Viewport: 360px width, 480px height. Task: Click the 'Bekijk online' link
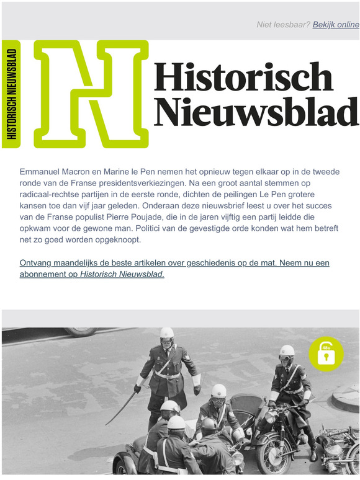point(336,25)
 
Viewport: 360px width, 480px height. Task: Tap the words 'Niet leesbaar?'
point(283,25)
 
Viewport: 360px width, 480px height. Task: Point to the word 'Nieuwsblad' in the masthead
point(256,112)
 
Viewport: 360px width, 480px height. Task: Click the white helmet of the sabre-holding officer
point(167,333)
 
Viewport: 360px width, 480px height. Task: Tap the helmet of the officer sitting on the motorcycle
point(286,351)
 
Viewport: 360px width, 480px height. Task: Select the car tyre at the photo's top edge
point(81,332)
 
